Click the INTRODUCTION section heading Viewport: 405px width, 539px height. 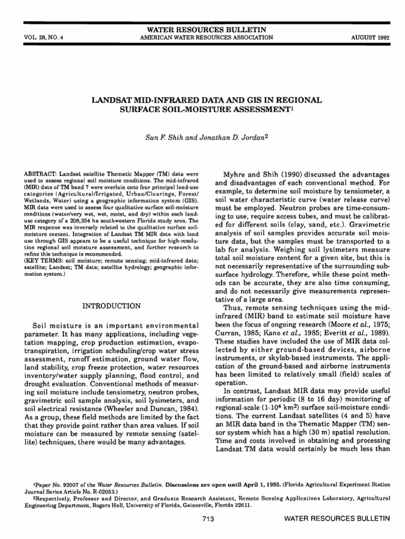[x=112, y=306]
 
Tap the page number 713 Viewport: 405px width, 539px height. [x=207, y=520]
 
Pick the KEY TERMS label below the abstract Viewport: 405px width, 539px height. [x=46, y=261]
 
